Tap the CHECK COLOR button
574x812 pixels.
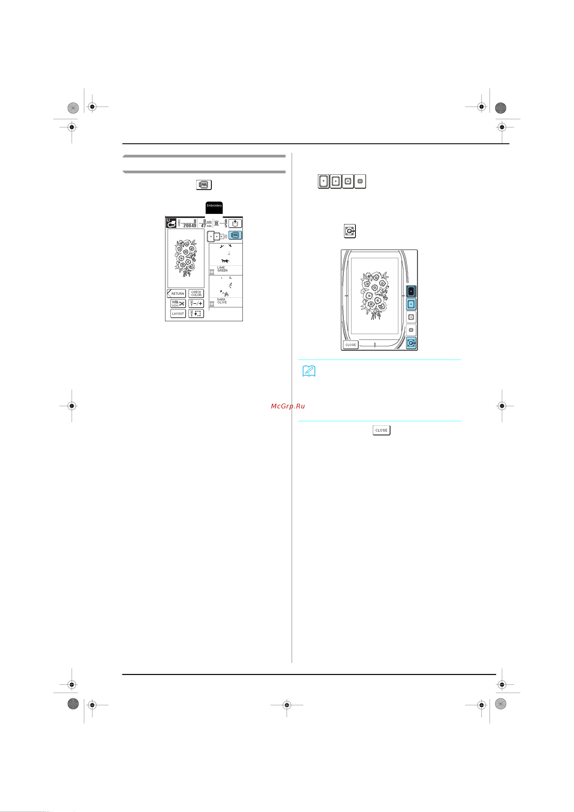tap(196, 294)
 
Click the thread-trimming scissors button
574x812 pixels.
tap(178, 303)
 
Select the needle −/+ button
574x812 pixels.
tap(196, 303)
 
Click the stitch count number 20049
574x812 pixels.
tap(190, 226)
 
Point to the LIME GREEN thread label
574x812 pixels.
tap(223, 269)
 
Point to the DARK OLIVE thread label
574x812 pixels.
tap(222, 301)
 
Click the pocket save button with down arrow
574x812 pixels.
tap(235, 224)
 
